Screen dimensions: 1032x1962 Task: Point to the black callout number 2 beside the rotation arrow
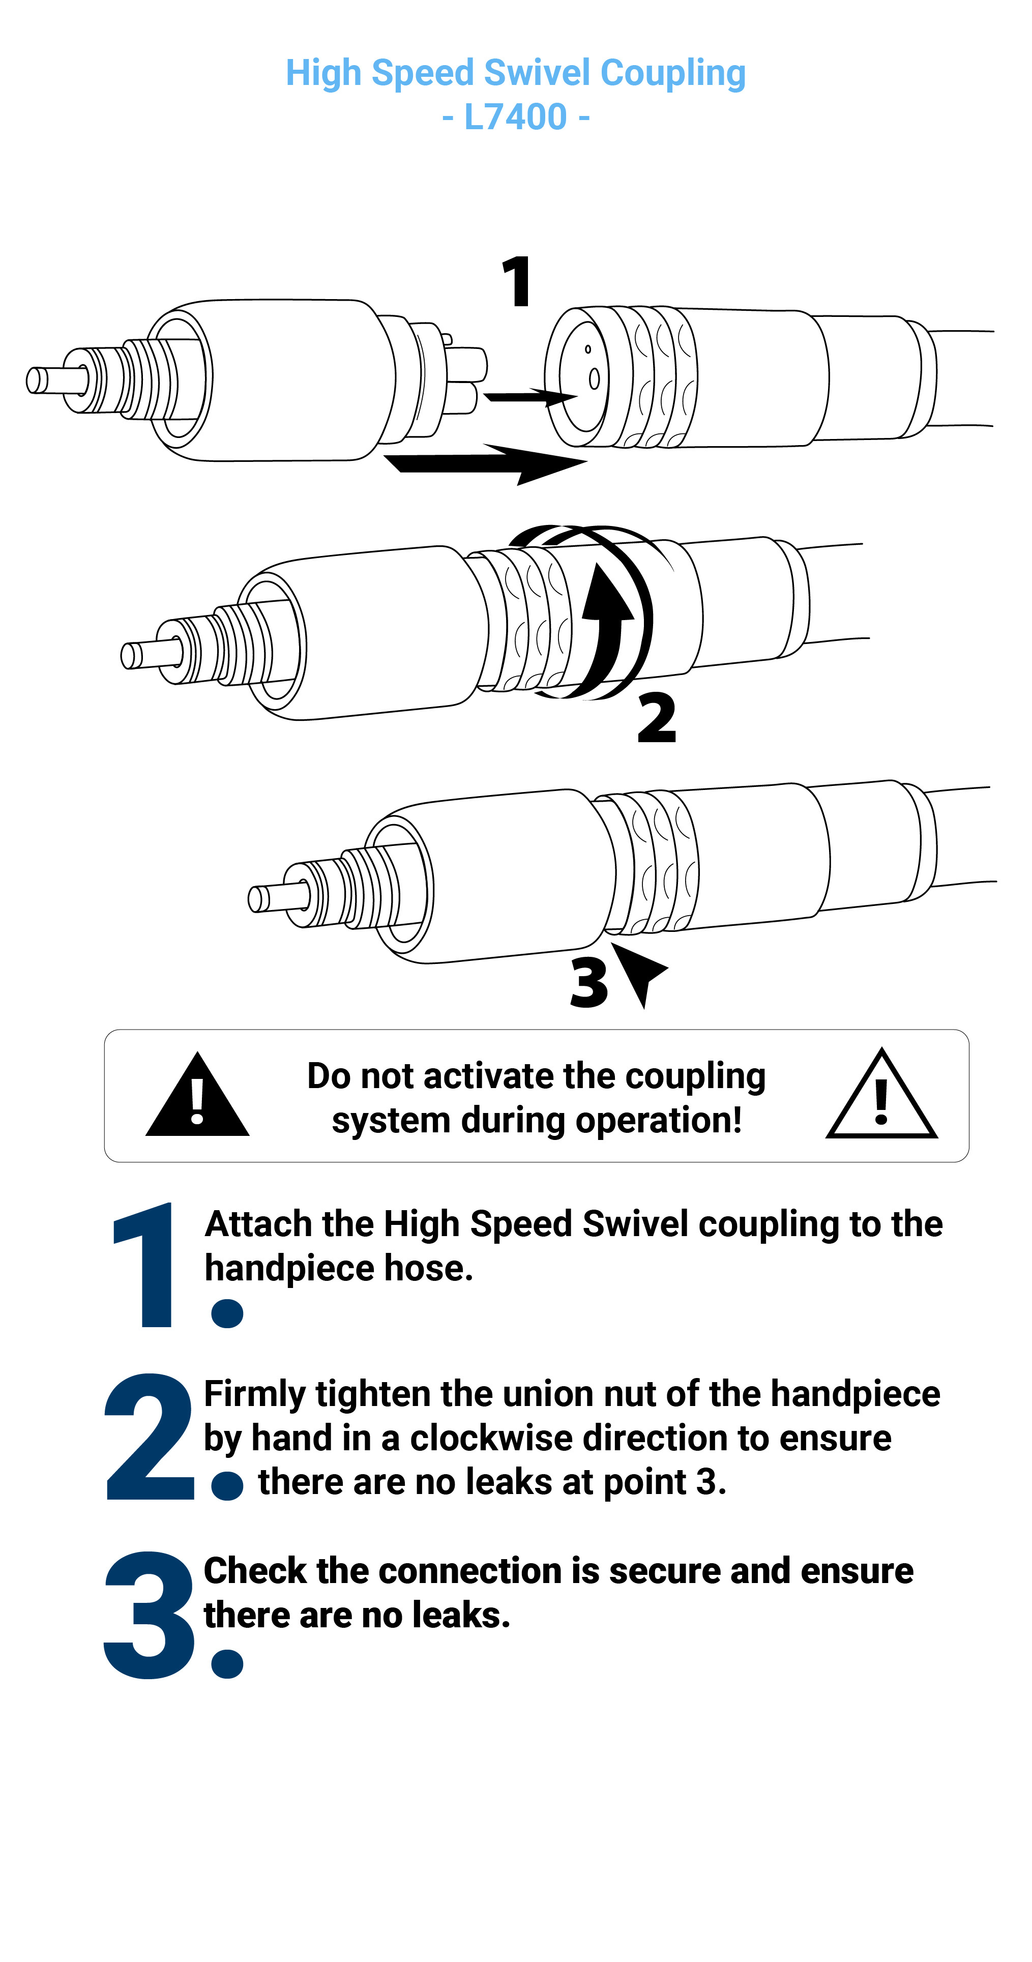coord(657,717)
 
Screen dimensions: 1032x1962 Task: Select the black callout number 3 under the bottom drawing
coord(589,982)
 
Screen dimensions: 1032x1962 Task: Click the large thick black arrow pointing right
coord(485,463)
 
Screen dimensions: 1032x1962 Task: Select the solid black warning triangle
coord(197,1097)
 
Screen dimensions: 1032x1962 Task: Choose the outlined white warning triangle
coord(881,1095)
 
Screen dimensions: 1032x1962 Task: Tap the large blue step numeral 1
coord(145,1264)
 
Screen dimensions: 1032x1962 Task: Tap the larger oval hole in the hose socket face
coord(594,378)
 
